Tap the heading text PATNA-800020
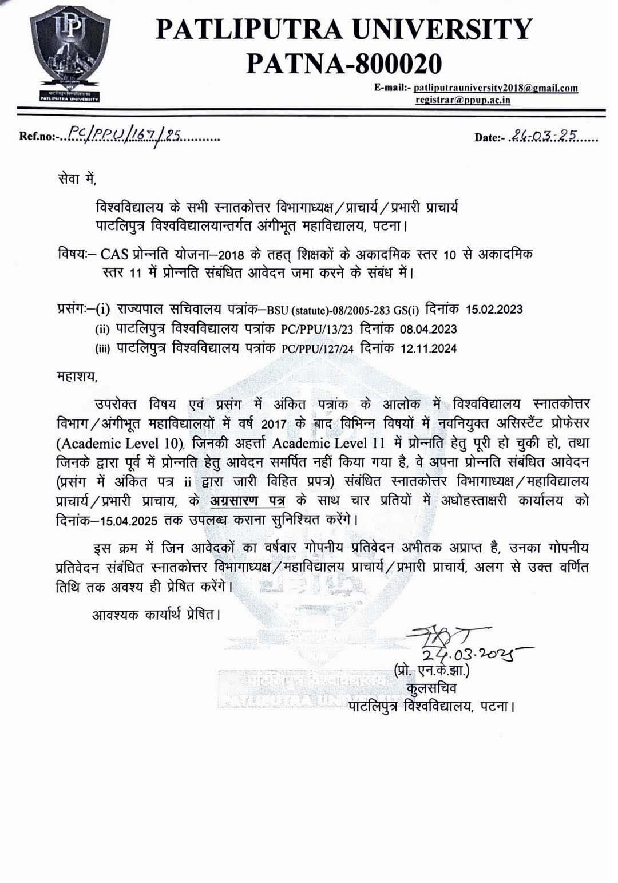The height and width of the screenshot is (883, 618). [344, 63]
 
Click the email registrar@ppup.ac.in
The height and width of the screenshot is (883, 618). [463, 100]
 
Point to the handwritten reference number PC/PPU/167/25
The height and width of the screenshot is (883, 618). [123, 135]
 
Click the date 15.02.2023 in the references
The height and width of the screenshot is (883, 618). [494, 310]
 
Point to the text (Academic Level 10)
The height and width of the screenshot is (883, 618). [120, 443]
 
